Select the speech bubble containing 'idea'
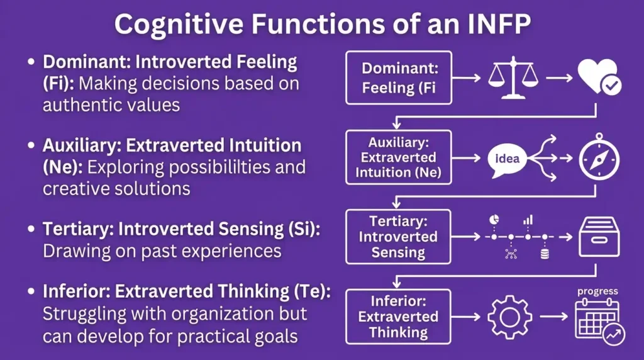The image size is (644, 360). pyautogui.click(x=506, y=158)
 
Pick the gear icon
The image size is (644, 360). pyautogui.click(x=506, y=316)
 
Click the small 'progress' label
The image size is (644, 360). pyautogui.click(x=597, y=291)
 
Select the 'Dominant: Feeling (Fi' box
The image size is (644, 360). pyautogui.click(x=399, y=78)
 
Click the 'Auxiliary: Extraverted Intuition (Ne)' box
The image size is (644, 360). pyautogui.click(x=399, y=157)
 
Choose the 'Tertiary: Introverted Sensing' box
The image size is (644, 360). pyautogui.click(x=399, y=237)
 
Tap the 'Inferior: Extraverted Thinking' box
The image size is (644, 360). pyautogui.click(x=399, y=316)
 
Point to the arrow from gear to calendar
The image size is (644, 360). pyautogui.click(x=552, y=316)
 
